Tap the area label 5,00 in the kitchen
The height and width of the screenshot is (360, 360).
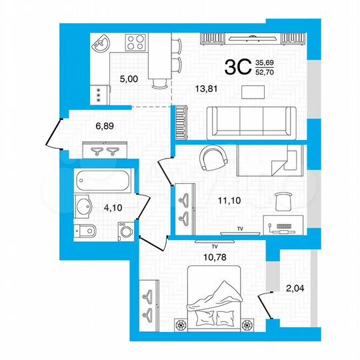point(129,79)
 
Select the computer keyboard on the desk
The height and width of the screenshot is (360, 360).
point(282,227)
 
